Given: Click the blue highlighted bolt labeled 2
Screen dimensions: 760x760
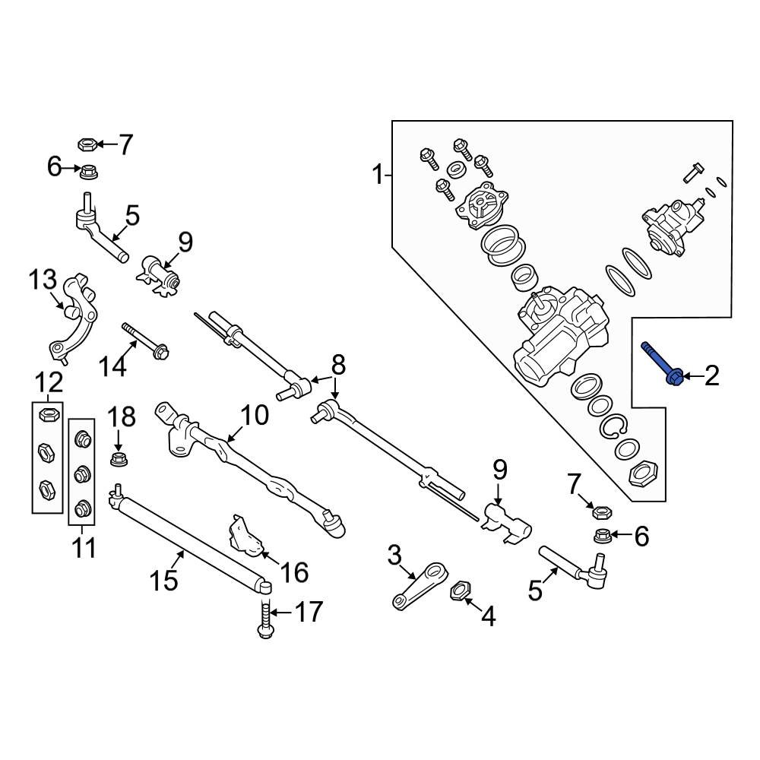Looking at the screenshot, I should coord(663,364).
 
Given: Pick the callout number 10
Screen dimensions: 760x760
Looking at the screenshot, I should coord(255,415).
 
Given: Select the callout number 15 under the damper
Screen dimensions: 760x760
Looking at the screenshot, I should coord(164,580).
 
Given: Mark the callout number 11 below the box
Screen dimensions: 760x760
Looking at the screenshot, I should coord(84,546).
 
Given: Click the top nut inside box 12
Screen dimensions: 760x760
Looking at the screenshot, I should coord(47,415).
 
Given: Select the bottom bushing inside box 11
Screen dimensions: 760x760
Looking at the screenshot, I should coord(82,506).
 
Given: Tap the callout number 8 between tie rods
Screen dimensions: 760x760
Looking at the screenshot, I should coord(337,366).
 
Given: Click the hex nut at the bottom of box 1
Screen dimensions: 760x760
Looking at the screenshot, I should coord(644,476).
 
